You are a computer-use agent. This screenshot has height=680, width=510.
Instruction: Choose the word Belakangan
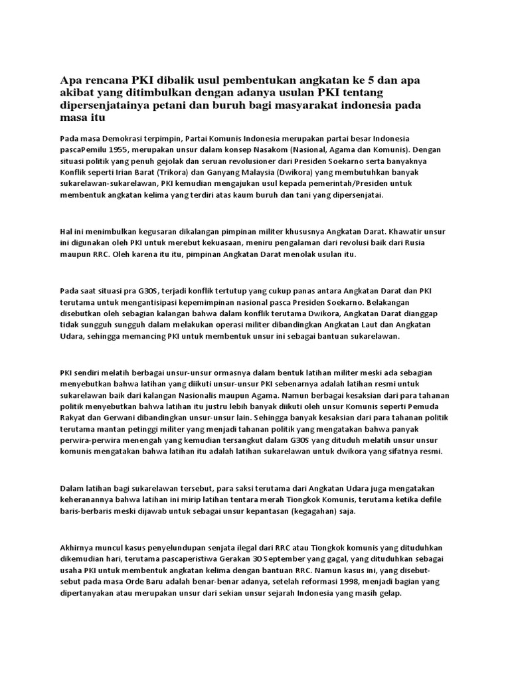(x=418, y=301)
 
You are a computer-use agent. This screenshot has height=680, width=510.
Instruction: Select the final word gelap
(x=389, y=594)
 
